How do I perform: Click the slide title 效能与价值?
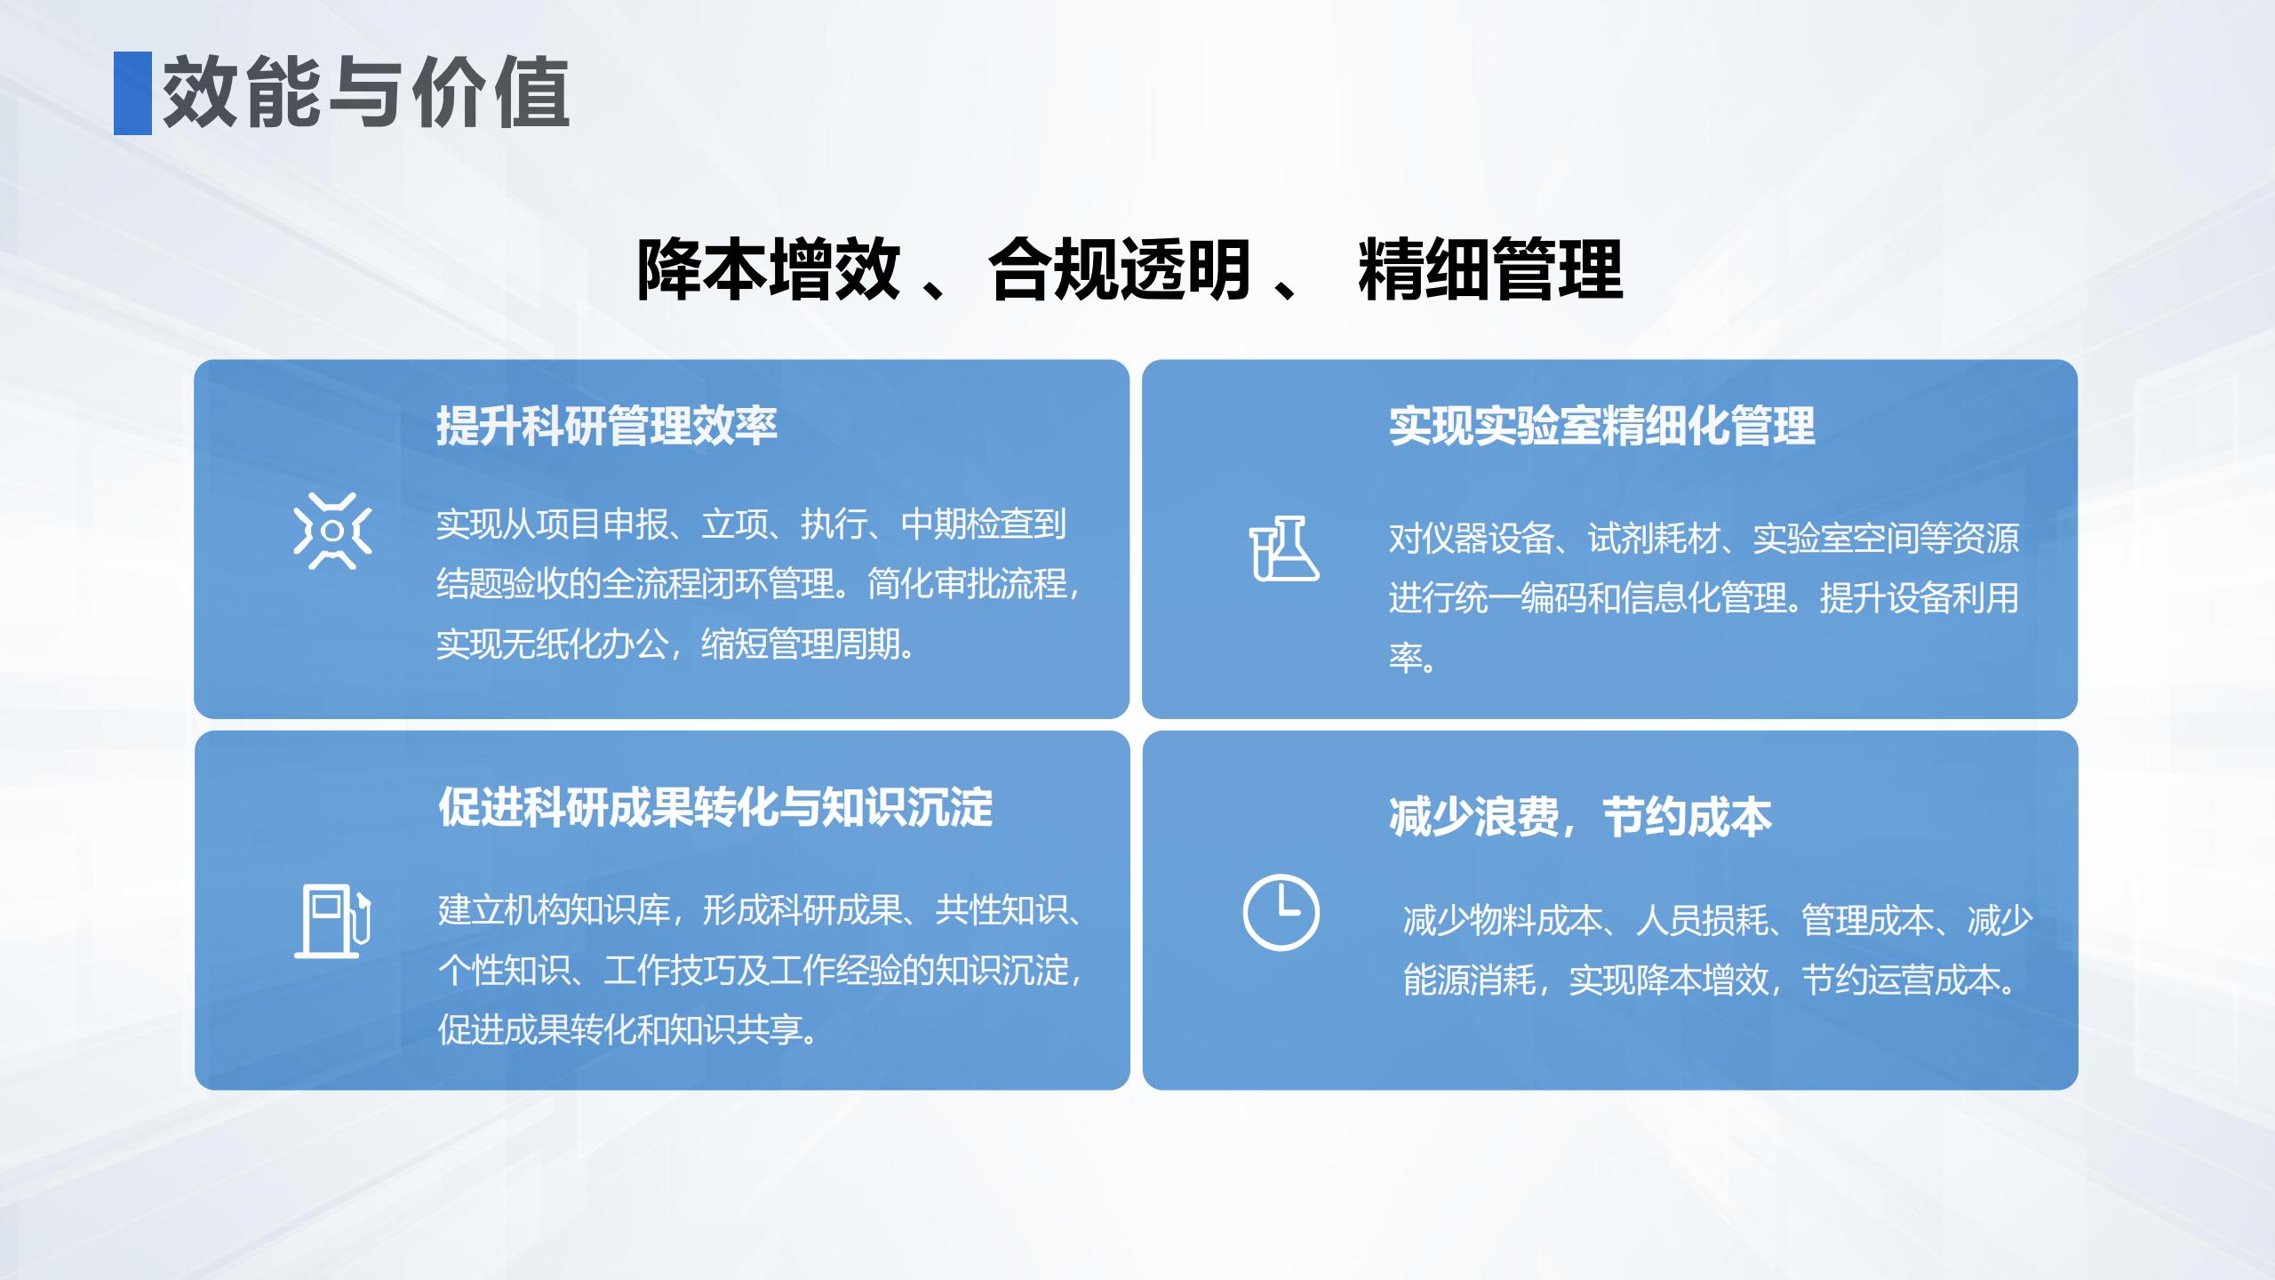[365, 92]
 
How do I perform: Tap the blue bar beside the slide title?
[132, 93]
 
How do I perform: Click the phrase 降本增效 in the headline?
[769, 269]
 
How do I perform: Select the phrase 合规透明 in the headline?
[1120, 269]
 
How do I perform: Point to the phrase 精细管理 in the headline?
[1490, 269]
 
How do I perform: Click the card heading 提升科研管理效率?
[606, 426]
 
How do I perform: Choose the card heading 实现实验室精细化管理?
[1601, 426]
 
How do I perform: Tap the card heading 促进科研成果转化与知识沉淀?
[715, 807]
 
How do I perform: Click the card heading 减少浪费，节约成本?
[1580, 817]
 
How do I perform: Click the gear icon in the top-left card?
[332, 531]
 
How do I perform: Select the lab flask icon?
[1283, 548]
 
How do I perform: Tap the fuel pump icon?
[332, 921]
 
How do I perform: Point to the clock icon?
[1281, 913]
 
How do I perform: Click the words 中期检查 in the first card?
[967, 524]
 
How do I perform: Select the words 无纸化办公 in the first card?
[586, 644]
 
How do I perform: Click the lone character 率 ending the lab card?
[1407, 658]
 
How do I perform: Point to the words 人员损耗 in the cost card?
[1702, 921]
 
